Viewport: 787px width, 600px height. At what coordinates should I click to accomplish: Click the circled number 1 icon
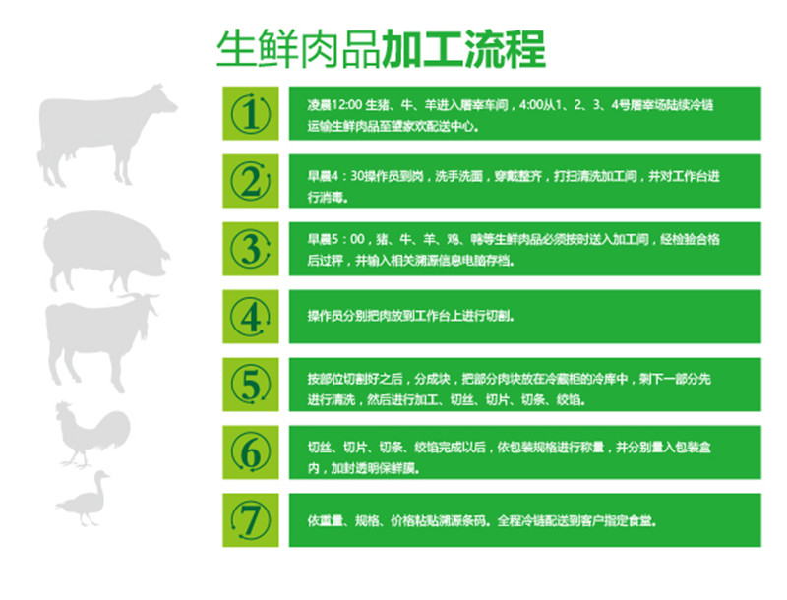click(x=251, y=113)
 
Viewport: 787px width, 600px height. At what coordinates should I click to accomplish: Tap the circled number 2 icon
click(x=251, y=181)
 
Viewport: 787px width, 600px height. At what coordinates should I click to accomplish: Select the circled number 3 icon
click(x=251, y=249)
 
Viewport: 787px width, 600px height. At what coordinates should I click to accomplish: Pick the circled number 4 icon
click(x=251, y=317)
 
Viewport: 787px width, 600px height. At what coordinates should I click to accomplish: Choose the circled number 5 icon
click(x=251, y=385)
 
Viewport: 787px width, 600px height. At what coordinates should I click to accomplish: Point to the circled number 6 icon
click(x=251, y=452)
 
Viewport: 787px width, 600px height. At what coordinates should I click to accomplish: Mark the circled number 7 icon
click(x=251, y=520)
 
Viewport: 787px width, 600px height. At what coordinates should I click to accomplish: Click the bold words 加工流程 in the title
click(x=463, y=49)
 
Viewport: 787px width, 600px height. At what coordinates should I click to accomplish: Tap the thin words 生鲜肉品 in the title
click(x=299, y=49)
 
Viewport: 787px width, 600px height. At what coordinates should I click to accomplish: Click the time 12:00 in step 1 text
click(x=347, y=105)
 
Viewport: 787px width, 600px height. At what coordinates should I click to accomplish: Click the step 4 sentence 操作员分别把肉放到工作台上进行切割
click(x=410, y=316)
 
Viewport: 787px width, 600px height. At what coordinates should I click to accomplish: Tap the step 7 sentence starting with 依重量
click(x=482, y=521)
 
